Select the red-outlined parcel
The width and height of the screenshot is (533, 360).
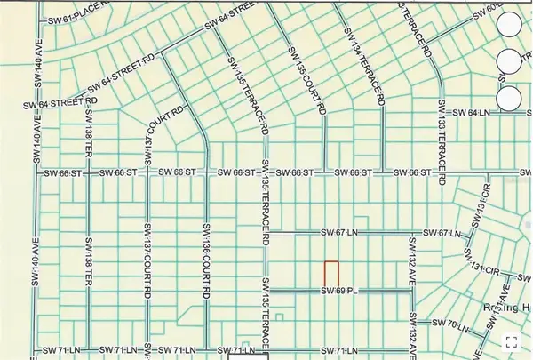(330, 274)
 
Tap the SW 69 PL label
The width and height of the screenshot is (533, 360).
(338, 291)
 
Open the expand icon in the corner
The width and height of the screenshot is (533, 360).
(512, 340)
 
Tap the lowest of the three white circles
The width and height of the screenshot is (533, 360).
(511, 97)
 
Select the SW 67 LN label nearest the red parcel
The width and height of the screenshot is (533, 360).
(338, 233)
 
